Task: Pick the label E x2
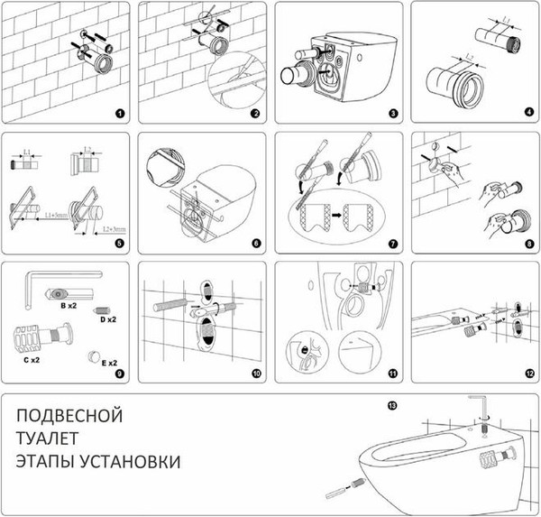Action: click(x=109, y=365)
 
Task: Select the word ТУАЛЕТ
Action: click(x=50, y=439)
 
